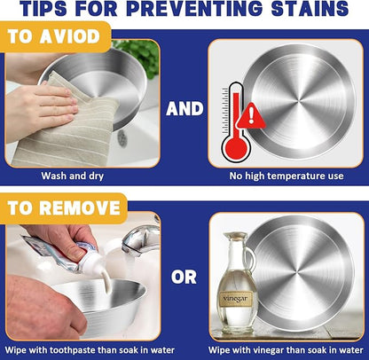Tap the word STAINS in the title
click(310, 9)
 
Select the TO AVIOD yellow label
click(55, 36)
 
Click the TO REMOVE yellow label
click(64, 207)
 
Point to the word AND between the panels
click(184, 109)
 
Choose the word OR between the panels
click(184, 278)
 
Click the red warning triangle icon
click(251, 115)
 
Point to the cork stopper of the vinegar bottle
click(235, 236)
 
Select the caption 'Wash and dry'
click(73, 176)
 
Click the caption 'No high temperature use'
click(287, 176)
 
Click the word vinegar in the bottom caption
click(255, 350)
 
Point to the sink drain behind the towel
click(122, 138)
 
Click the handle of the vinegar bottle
click(251, 260)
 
